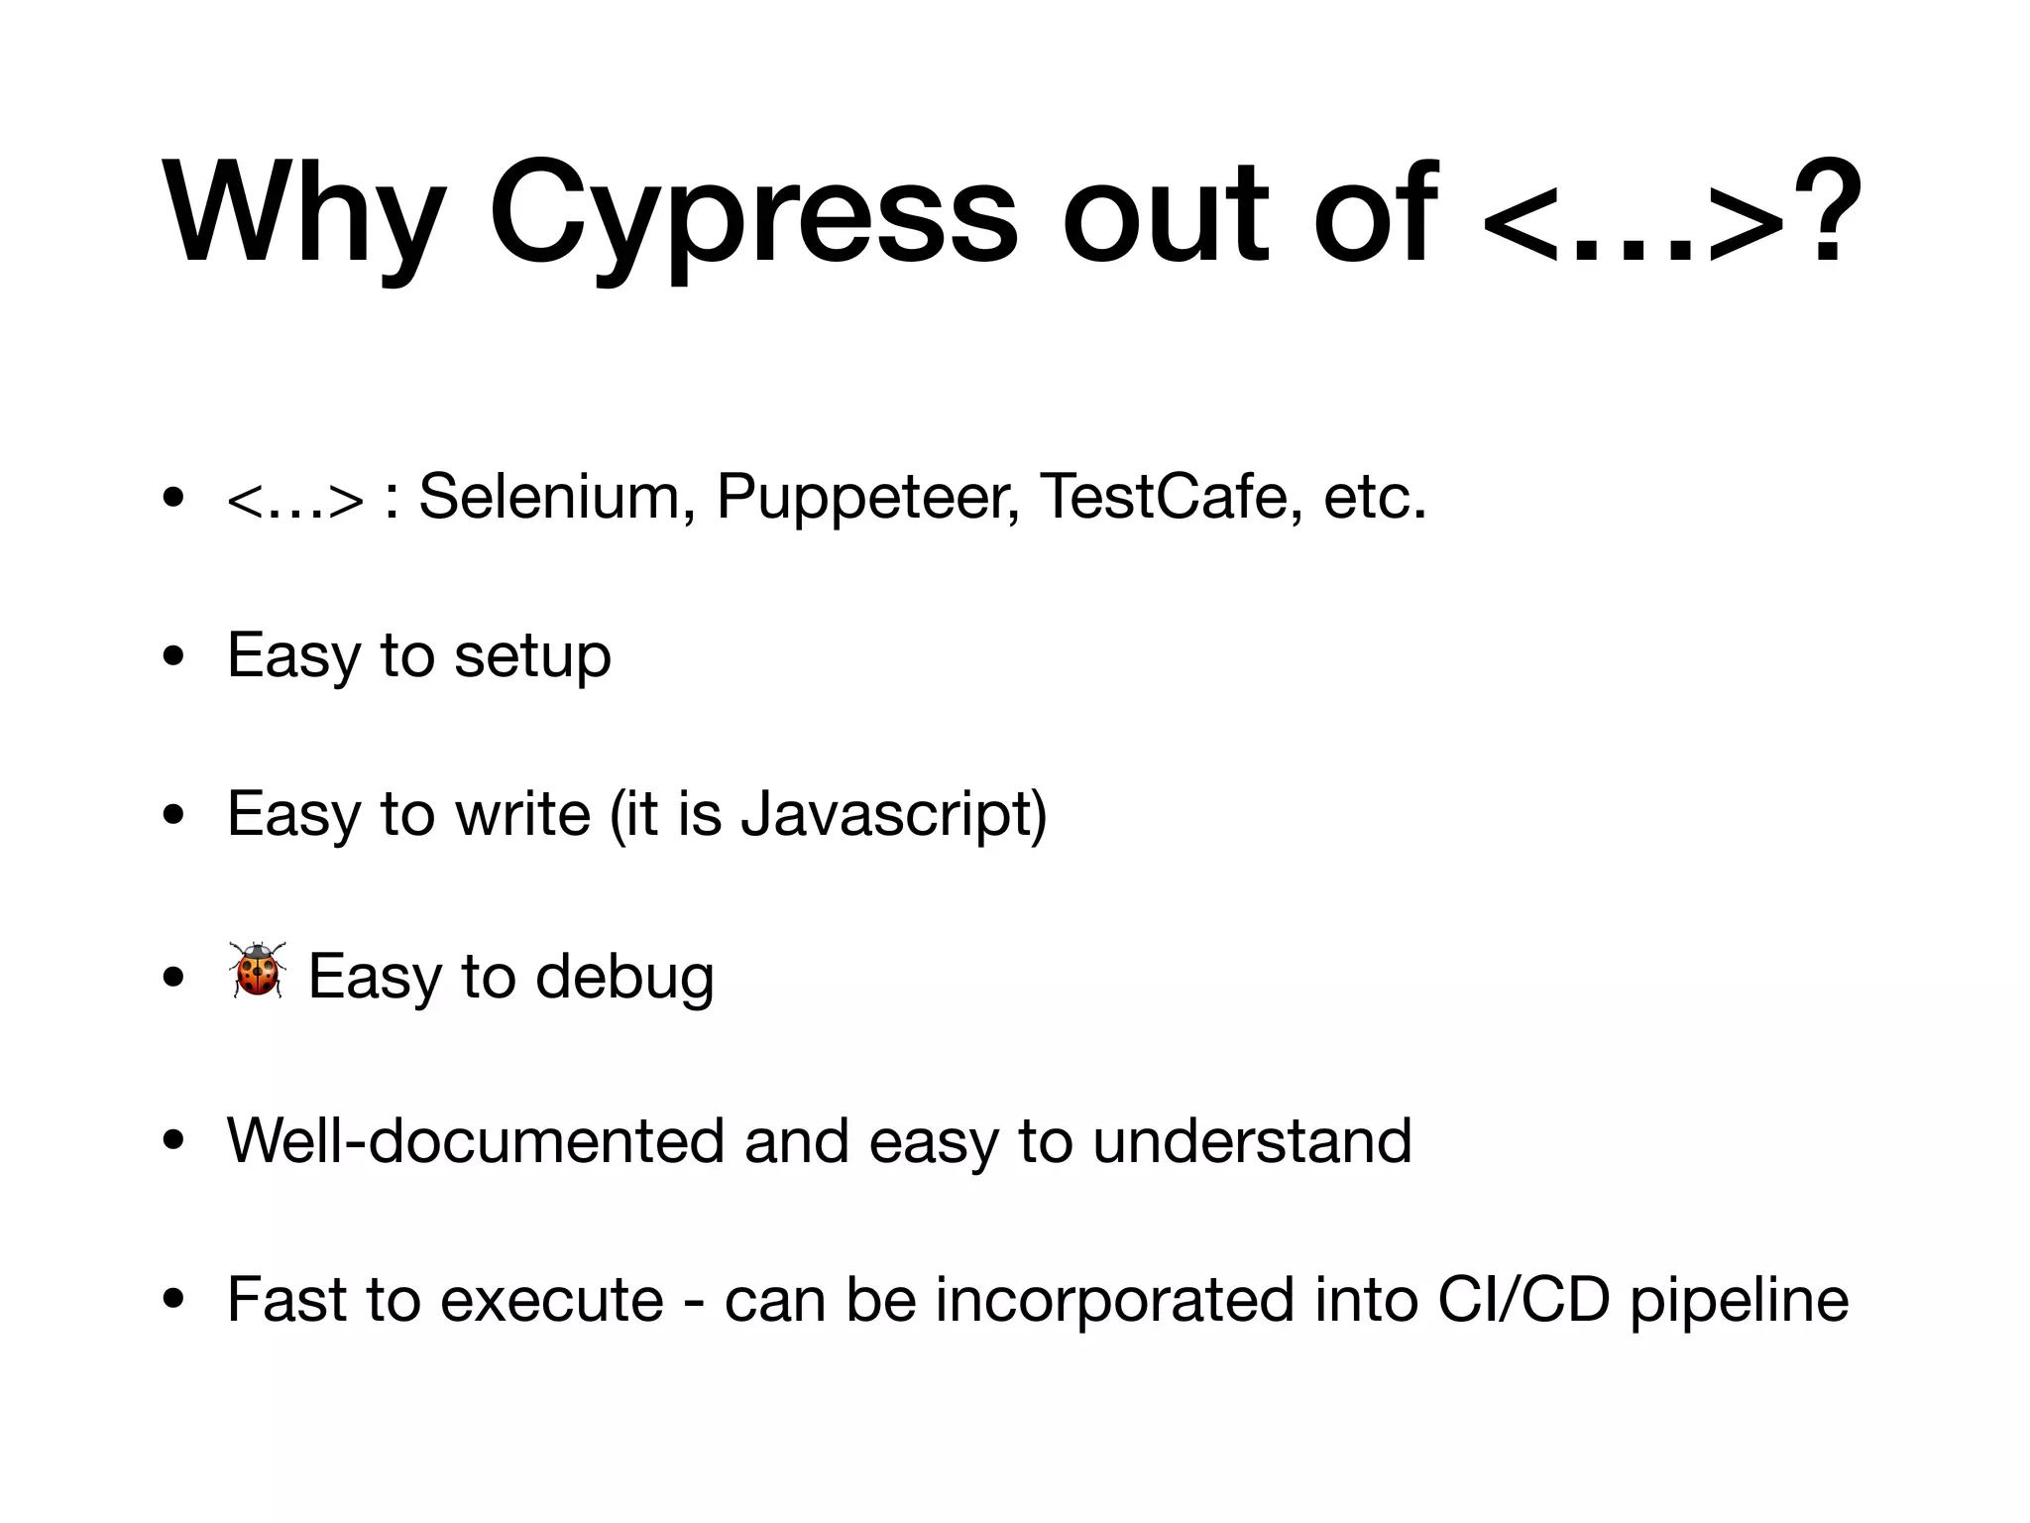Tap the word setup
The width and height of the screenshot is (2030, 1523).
point(532,657)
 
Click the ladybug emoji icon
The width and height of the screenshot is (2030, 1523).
point(258,970)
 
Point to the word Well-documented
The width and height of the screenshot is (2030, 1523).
point(476,1140)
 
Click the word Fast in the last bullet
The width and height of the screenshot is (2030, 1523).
point(286,1299)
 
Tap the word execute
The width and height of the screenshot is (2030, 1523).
point(551,1300)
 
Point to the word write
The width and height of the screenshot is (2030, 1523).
point(522,815)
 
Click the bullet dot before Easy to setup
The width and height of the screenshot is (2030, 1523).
point(174,657)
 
